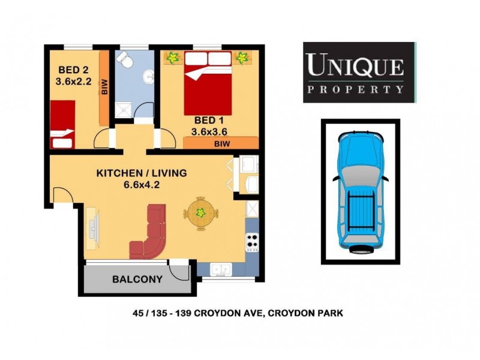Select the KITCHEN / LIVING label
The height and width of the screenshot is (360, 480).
[142, 173]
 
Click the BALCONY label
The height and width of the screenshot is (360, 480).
[137, 279]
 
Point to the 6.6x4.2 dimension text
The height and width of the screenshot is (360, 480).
[142, 184]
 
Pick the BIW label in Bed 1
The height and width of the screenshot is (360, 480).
[222, 143]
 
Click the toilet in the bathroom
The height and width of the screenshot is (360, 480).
[125, 59]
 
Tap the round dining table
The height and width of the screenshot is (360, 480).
[200, 212]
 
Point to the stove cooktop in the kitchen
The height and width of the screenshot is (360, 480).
[252, 242]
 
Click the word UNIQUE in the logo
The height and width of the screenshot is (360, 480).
[355, 64]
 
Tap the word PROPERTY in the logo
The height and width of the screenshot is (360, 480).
[355, 90]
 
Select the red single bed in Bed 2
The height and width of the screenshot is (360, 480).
[62, 125]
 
